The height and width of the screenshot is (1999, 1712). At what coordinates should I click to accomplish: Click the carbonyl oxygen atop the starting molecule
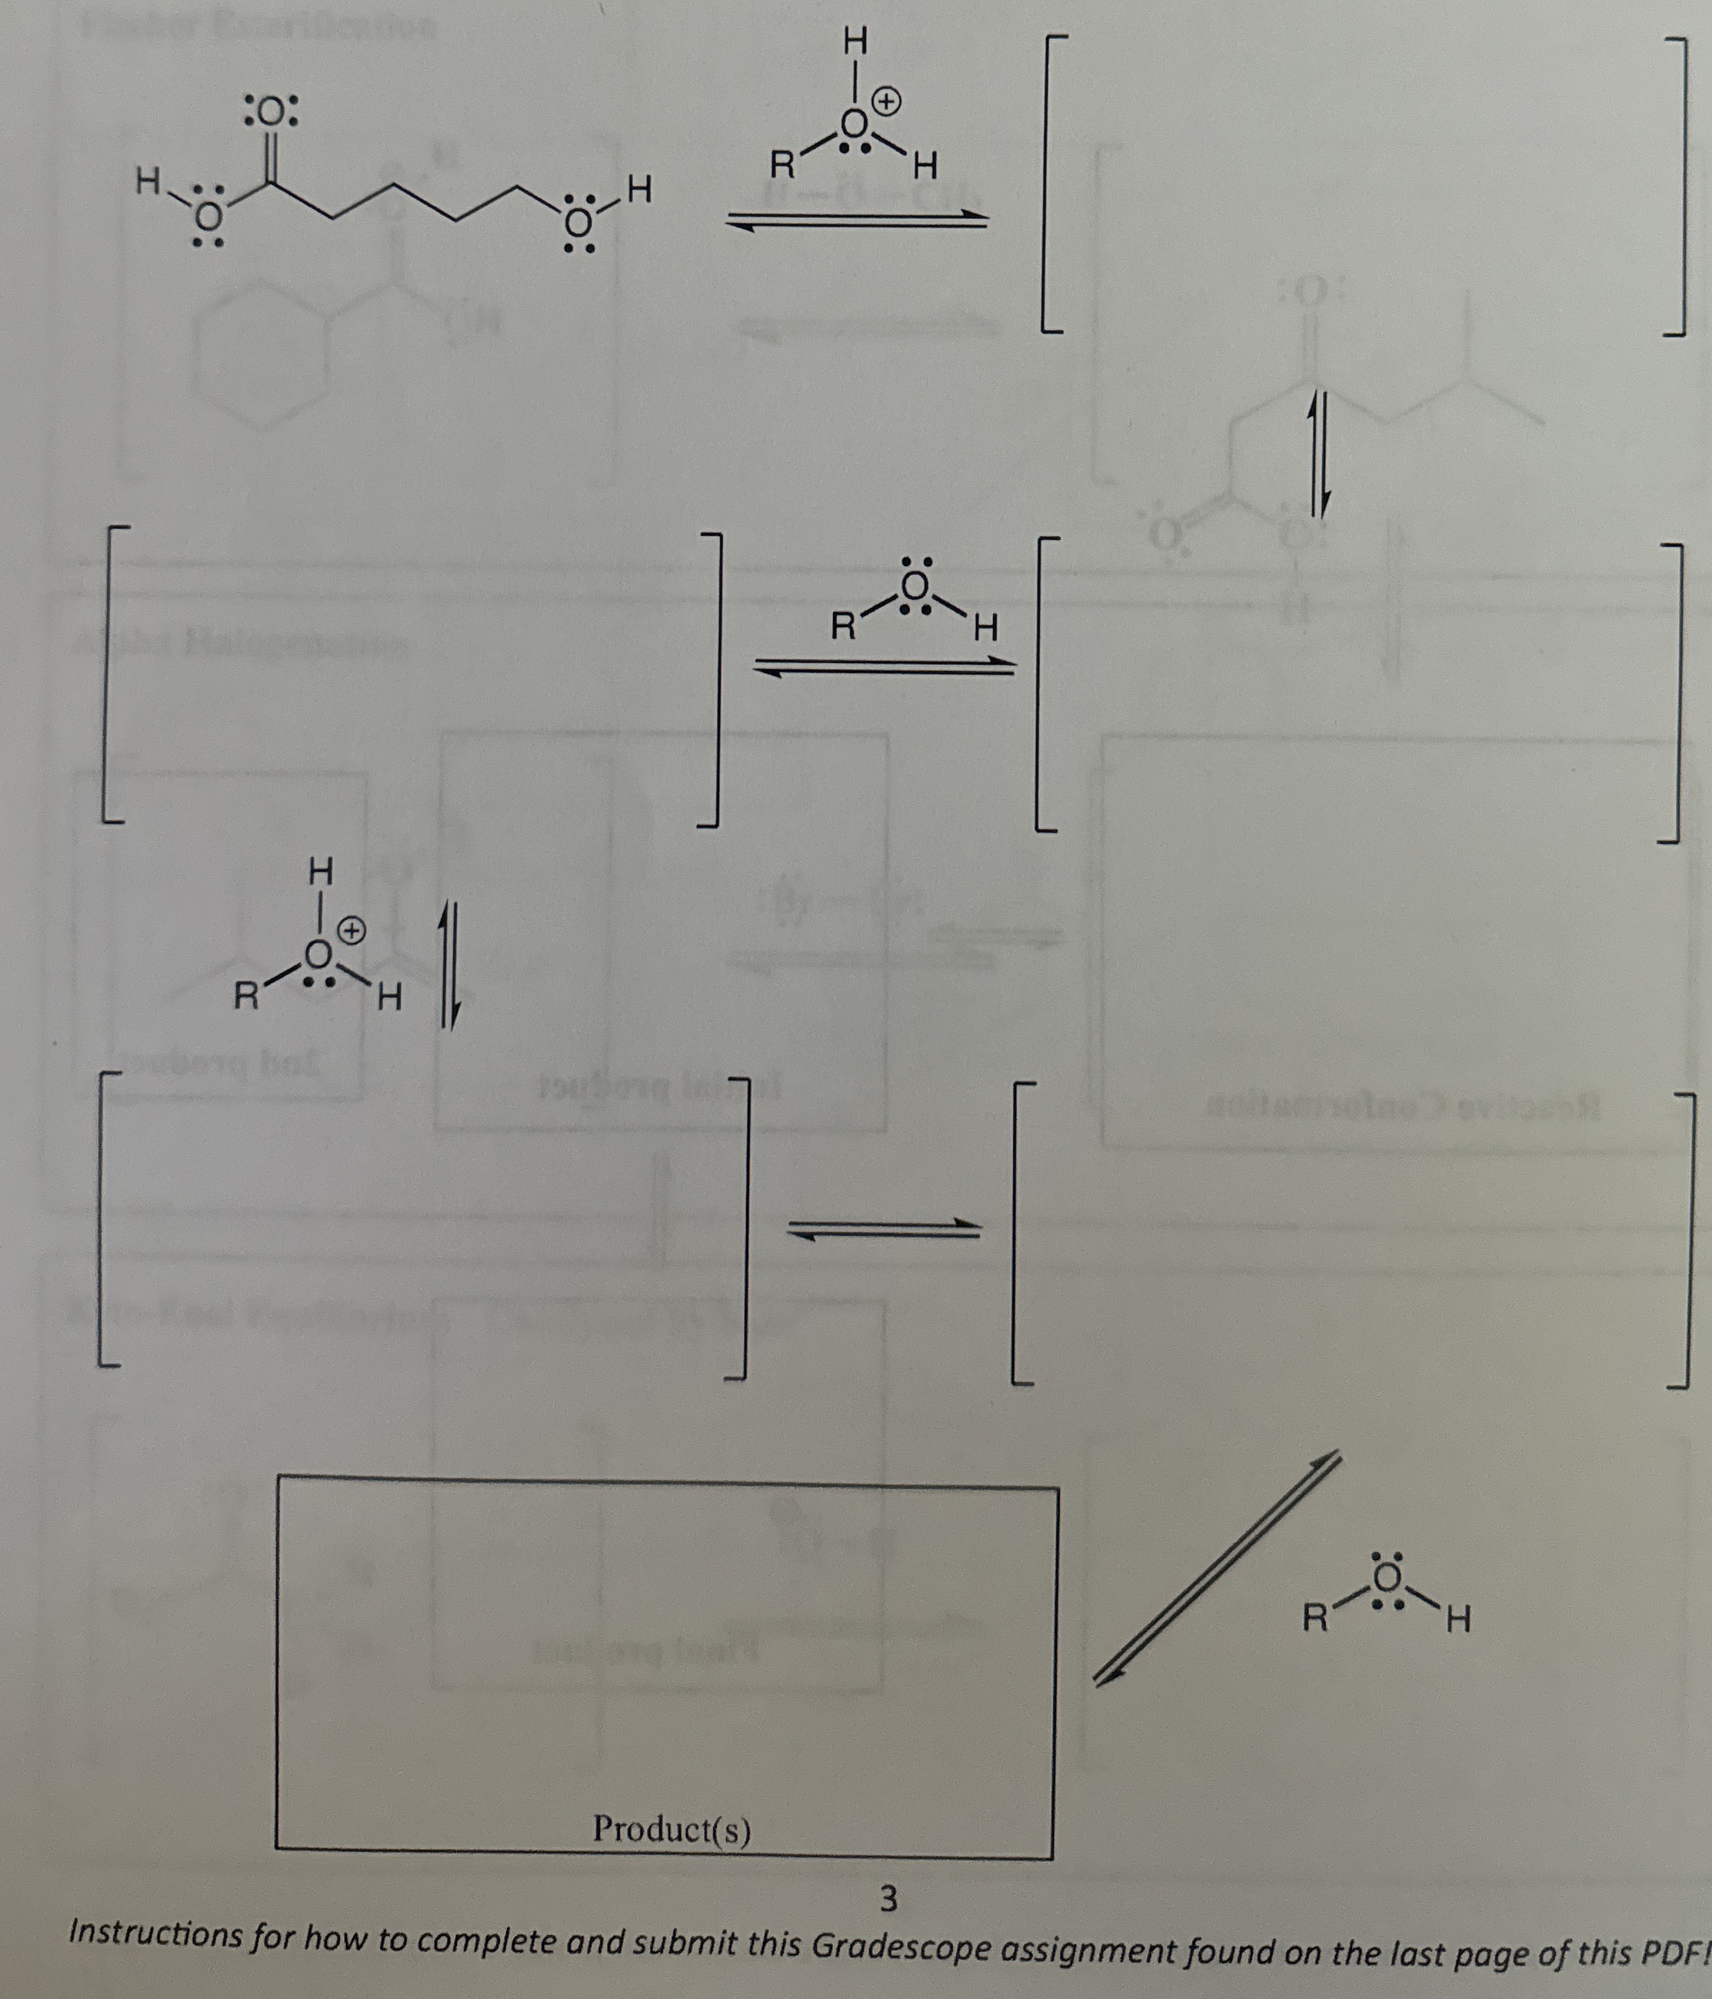pyautogui.click(x=272, y=114)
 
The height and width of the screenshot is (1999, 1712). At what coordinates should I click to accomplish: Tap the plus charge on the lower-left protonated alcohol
pyautogui.click(x=353, y=931)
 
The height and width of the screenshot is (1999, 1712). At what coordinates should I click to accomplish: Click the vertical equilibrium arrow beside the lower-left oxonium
pyautogui.click(x=449, y=964)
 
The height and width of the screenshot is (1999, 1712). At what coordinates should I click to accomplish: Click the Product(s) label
pyautogui.click(x=672, y=1828)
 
